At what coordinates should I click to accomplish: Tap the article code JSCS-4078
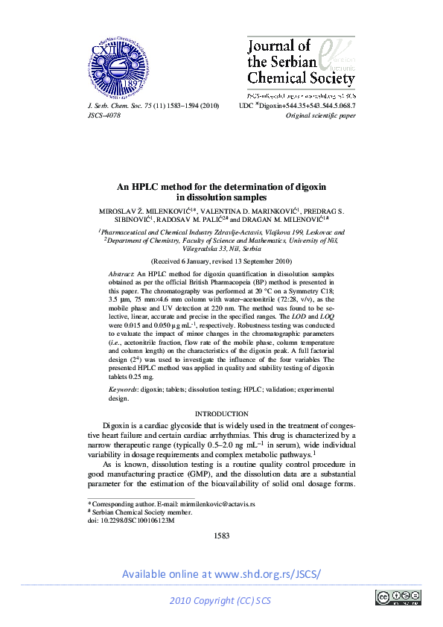coord(104,116)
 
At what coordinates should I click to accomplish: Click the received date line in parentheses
coord(221,262)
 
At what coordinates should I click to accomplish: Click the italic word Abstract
coord(122,275)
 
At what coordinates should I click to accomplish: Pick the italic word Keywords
coord(124,389)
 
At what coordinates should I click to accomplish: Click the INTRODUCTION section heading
coord(221,413)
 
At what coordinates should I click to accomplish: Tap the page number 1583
coord(221,535)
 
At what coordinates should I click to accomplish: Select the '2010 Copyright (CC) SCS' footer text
coord(221,600)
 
